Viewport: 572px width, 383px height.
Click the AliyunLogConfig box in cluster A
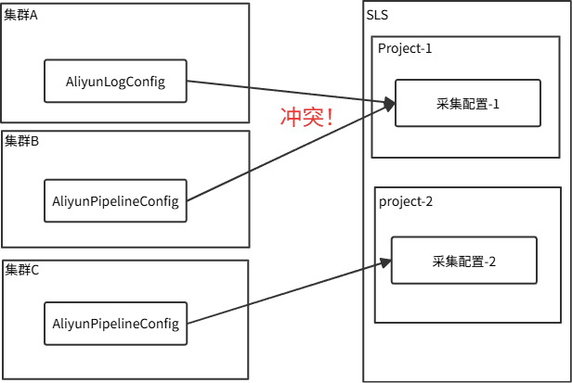[x=116, y=82]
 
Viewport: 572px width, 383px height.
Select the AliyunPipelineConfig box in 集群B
[x=116, y=200]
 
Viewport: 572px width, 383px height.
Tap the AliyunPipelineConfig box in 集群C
[x=116, y=323]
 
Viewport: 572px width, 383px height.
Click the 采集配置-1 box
[x=467, y=103]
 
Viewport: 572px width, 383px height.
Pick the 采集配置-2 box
[x=464, y=261]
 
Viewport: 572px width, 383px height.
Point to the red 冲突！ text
[x=307, y=118]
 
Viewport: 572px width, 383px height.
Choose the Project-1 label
[x=406, y=47]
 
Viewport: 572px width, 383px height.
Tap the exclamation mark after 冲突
[x=330, y=118]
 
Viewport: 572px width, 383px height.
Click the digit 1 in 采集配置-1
[x=496, y=103]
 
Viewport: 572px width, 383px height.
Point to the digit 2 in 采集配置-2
[x=492, y=261]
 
